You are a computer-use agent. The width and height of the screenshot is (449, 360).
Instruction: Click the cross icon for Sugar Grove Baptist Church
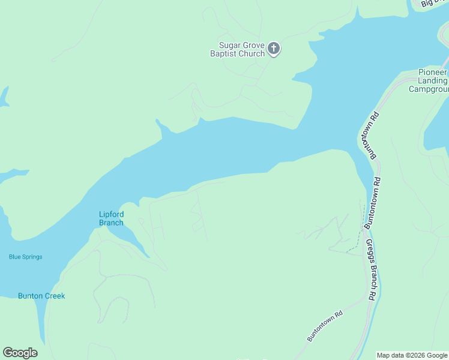click(274, 49)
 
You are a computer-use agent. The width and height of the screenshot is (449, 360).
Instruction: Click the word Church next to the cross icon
click(252, 54)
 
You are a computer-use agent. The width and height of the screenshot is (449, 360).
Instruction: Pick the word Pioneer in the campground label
click(433, 72)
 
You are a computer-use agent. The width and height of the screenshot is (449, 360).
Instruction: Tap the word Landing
click(433, 80)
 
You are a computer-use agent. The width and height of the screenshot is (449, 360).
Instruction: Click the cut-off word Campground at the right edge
click(429, 89)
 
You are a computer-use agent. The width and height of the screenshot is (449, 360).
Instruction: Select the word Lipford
click(111, 214)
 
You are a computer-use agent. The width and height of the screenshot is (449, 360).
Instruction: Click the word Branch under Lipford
click(111, 223)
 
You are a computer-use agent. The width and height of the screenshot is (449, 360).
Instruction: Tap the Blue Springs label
click(26, 257)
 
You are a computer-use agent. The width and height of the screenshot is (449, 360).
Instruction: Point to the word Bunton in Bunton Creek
click(29, 296)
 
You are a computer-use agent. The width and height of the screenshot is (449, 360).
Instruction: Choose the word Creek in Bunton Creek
click(54, 296)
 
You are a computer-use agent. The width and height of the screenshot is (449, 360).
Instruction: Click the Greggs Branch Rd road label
click(371, 269)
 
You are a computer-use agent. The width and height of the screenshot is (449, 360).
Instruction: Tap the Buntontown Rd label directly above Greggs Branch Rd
click(373, 202)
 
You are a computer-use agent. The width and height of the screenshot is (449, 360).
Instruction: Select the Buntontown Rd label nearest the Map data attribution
click(324, 326)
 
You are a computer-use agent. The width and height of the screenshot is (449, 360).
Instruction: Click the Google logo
click(20, 353)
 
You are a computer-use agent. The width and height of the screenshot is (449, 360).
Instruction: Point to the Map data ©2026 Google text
click(412, 355)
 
